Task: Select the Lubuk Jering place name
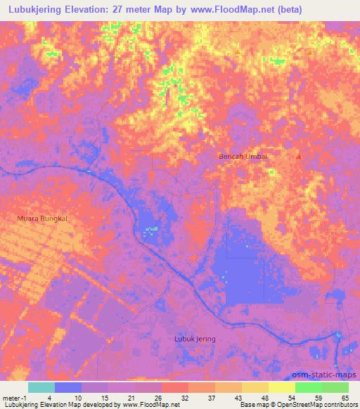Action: [x=195, y=339]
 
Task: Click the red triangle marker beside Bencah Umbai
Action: [x=299, y=157]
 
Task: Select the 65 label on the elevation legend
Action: [x=345, y=397]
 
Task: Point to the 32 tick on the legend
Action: [x=185, y=397]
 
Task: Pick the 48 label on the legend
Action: [x=265, y=397]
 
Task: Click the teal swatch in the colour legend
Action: [x=41, y=387]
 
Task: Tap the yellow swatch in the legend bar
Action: [x=282, y=387]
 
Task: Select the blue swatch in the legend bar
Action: [x=68, y=387]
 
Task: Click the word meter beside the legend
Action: [x=11, y=397]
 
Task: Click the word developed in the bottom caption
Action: [x=91, y=405]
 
